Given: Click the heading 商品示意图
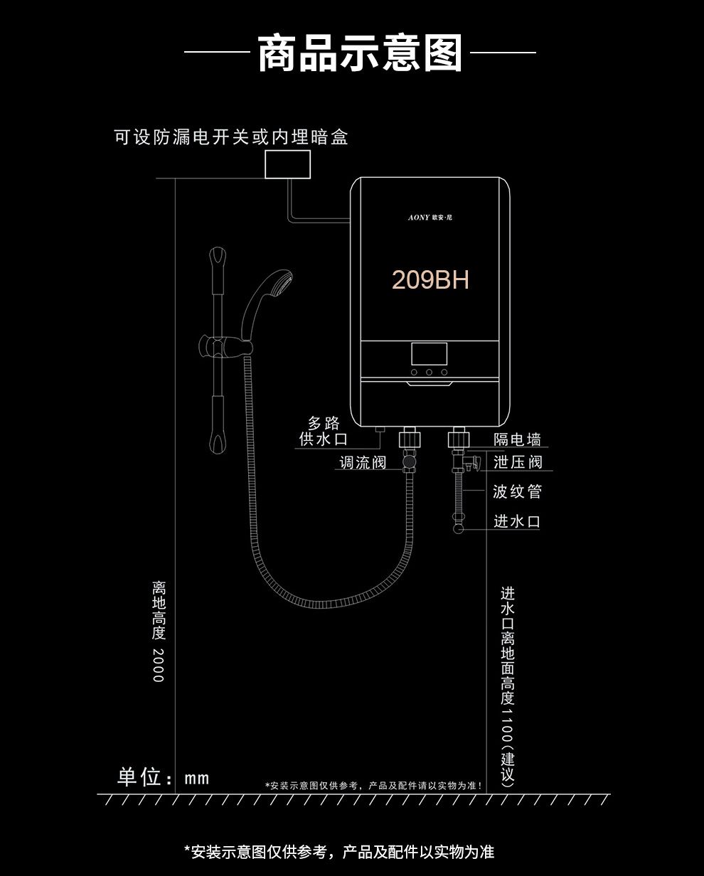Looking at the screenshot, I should tap(360, 54).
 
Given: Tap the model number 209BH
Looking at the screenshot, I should tap(430, 280).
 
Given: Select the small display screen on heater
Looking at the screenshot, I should tap(429, 353).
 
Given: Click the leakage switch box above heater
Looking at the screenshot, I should tap(288, 164).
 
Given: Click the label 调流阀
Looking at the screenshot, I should tap(363, 463).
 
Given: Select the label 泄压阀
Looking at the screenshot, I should tap(518, 462).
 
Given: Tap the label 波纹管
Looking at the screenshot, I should tap(518, 492).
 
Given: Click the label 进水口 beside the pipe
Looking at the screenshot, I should tap(518, 521).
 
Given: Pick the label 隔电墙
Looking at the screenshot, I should tap(518, 440).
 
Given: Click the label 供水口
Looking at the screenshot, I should tap(324, 439).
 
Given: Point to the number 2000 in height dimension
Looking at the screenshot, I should tap(159, 665).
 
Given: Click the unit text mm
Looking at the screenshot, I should tap(197, 778).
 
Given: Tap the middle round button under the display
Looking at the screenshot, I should tap(429, 372).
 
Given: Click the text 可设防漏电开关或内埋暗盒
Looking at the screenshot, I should tap(231, 137).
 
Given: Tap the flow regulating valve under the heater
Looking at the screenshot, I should tap(410, 462).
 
